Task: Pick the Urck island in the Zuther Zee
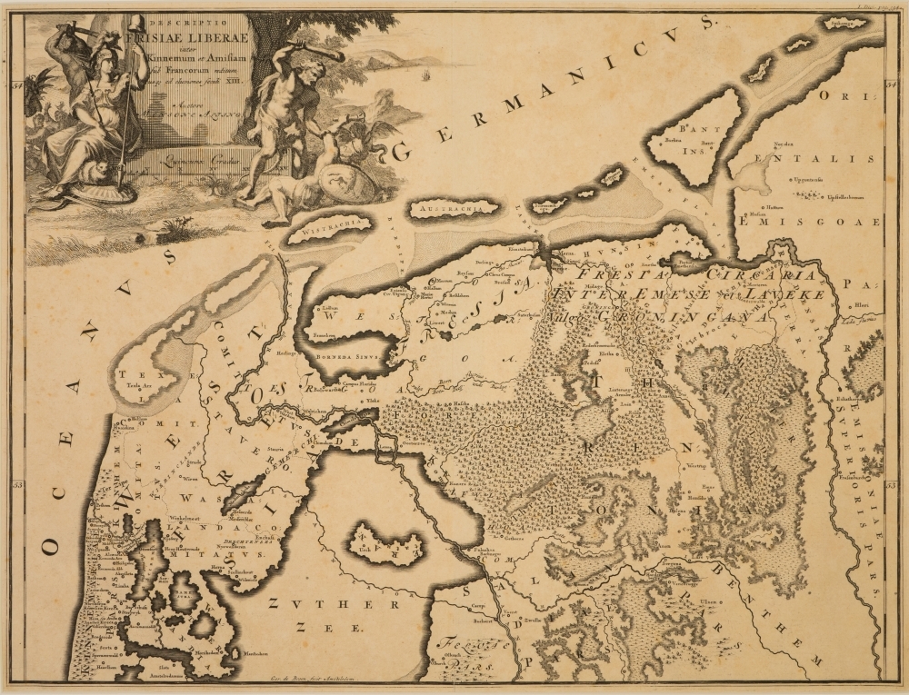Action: (386, 544)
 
